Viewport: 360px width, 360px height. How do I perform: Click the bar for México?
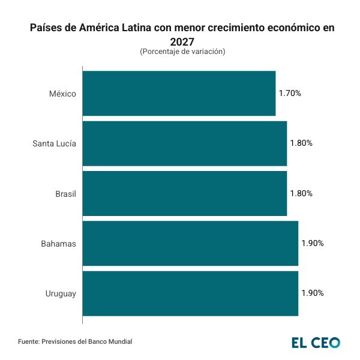coord(179,93)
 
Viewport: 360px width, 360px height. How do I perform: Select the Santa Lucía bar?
coord(184,143)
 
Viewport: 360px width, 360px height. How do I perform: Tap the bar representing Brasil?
coord(184,193)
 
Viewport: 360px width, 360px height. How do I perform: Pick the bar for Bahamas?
coord(190,244)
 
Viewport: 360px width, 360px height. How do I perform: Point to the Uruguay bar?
coord(190,293)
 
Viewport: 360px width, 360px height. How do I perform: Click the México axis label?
coord(63,93)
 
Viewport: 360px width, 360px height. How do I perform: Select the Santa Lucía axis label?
coord(54,143)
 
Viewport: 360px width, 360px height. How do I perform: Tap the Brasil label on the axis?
coord(65,193)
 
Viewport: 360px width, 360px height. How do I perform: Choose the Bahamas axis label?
coord(58,244)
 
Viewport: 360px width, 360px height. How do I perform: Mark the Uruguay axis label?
coord(61,293)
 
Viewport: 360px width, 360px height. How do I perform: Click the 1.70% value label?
coord(290,93)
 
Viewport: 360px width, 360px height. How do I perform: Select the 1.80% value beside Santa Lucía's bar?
coord(301,143)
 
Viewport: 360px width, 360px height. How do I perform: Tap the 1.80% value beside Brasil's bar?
coord(301,193)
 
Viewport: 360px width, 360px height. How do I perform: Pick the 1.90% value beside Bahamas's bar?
coord(313,244)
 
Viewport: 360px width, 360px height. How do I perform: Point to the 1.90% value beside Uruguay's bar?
coord(313,293)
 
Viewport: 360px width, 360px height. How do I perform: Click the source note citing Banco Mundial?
coord(75,341)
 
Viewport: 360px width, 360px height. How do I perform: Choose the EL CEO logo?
coord(316,342)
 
